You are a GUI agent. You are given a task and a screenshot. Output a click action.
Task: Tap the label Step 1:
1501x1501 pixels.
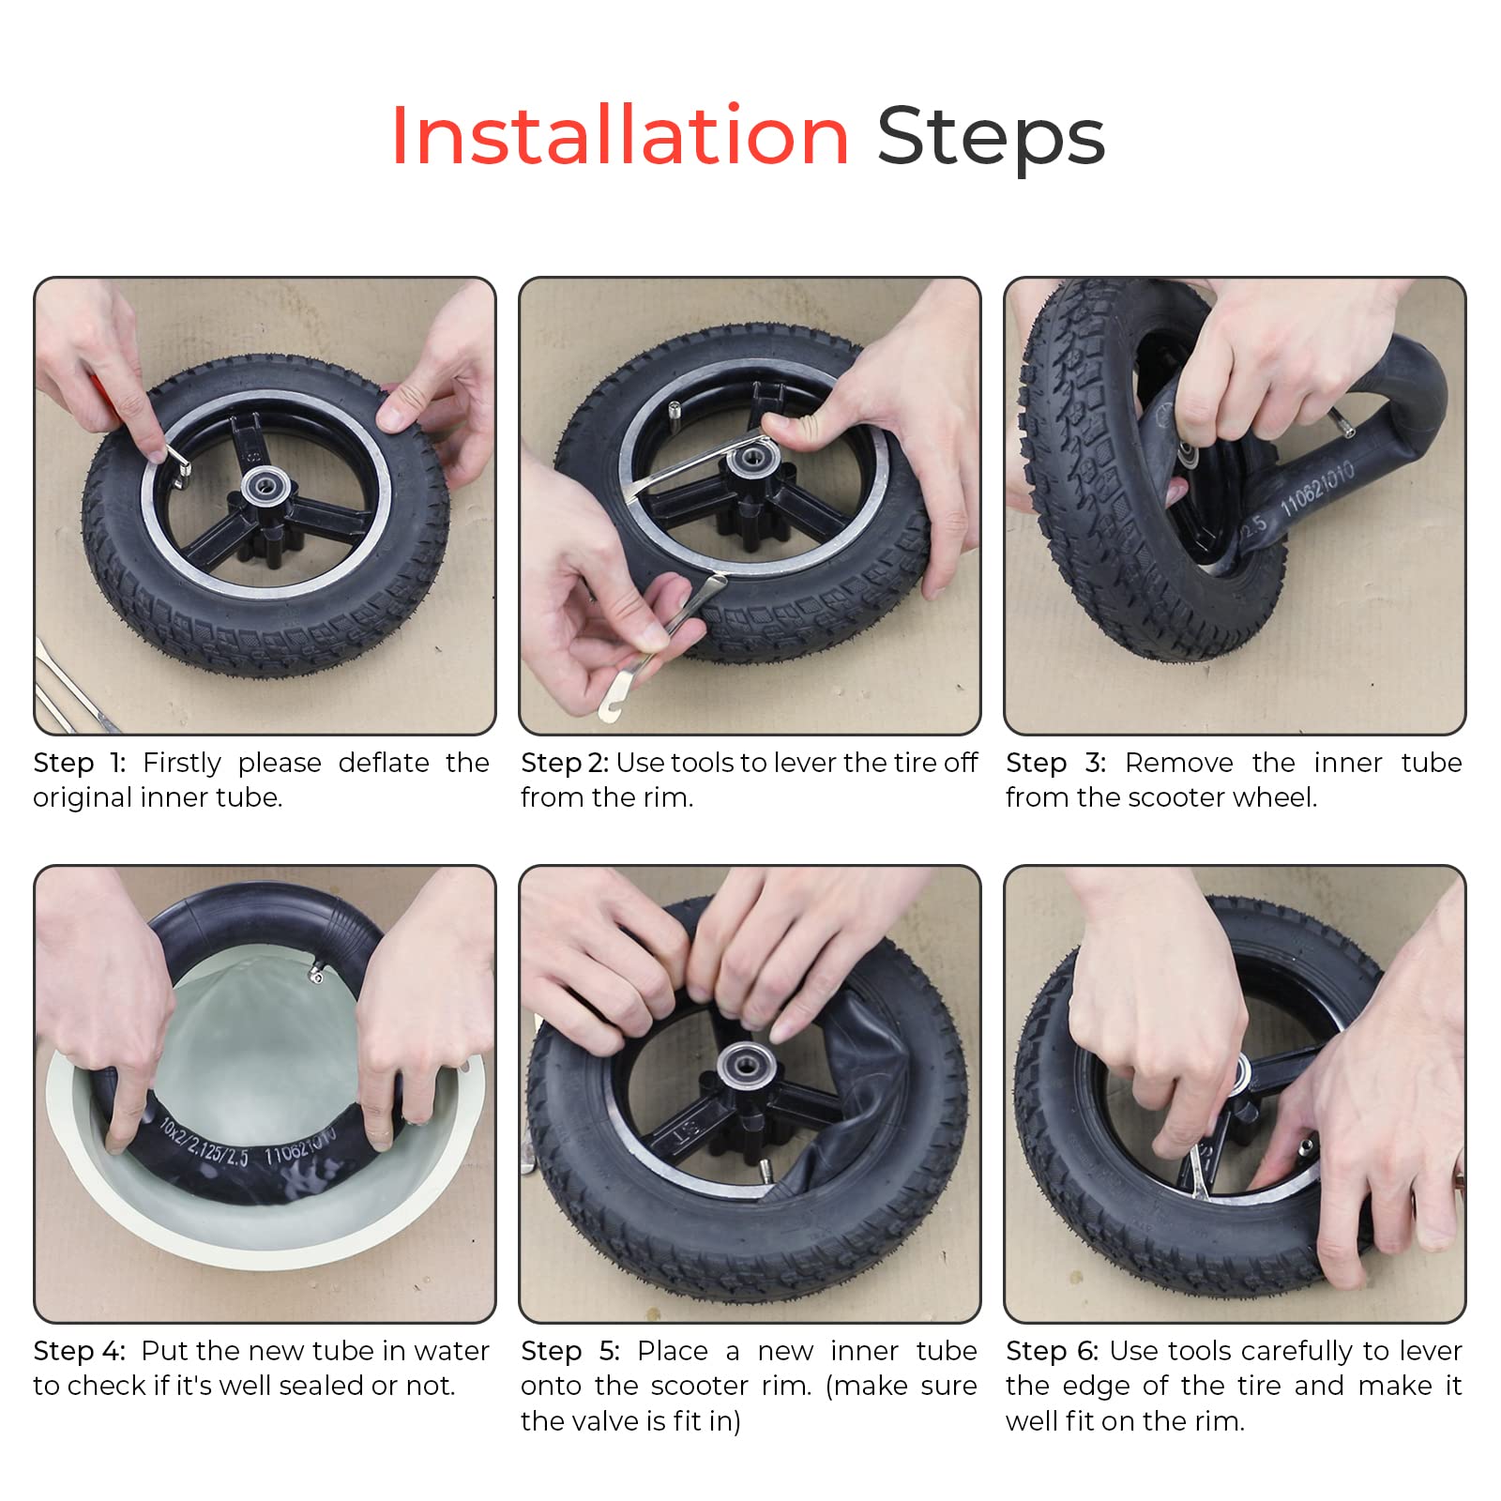click(80, 763)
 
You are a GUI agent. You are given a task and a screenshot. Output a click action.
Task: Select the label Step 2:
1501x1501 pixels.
click(565, 764)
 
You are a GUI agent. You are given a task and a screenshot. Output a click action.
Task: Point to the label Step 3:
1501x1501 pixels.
click(1055, 763)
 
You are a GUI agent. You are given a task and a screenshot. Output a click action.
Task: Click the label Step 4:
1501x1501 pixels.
click(80, 1351)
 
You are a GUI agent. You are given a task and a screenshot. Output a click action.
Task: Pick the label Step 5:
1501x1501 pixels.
click(570, 1351)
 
